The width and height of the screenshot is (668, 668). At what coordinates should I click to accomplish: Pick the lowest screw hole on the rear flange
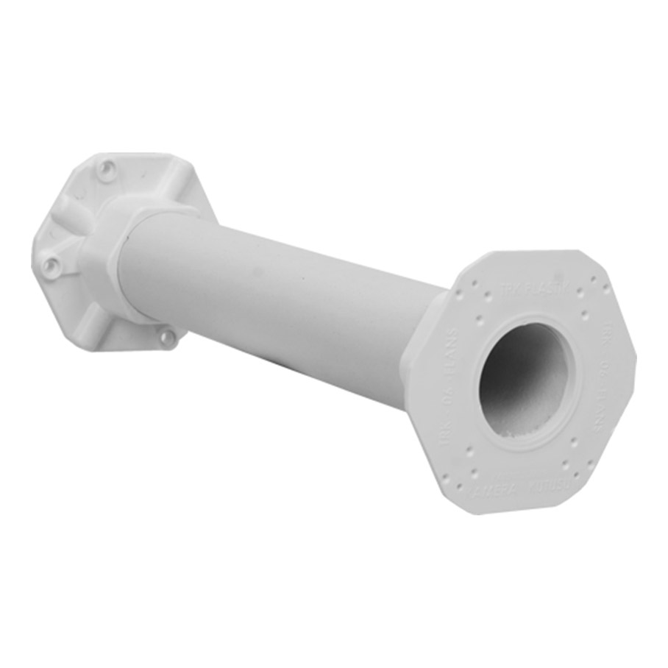[167, 337]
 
